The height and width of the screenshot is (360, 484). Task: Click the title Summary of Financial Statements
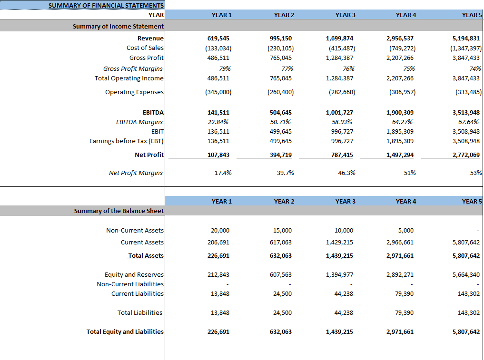tap(106, 6)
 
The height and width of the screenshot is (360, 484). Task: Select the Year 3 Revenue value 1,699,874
tap(339, 38)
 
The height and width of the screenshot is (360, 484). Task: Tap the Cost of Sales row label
tap(145, 48)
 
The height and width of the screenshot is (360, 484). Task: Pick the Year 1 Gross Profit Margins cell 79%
tap(225, 68)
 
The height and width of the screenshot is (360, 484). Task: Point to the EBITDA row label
tap(153, 113)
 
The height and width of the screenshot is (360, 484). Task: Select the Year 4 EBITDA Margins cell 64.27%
tap(402, 122)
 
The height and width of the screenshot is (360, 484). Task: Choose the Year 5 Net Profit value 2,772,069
tap(466, 155)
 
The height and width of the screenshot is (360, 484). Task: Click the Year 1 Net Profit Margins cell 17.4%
tap(223, 173)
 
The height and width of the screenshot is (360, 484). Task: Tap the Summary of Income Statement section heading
tap(118, 27)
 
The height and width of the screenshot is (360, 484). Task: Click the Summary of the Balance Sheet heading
tap(119, 211)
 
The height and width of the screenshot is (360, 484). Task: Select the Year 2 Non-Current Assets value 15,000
tap(282, 231)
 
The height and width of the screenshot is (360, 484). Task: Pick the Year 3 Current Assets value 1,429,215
tap(339, 243)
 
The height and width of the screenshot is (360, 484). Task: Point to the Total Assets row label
tap(146, 256)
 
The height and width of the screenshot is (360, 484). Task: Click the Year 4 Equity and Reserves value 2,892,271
tap(400, 274)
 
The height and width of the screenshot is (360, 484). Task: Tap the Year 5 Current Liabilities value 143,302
tap(469, 294)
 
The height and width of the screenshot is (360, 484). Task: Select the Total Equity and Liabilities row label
tap(125, 331)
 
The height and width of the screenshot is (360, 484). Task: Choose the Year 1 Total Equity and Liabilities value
tap(218, 332)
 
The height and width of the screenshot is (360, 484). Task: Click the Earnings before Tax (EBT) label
tap(127, 141)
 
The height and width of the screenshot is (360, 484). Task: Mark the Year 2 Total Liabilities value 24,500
tap(282, 313)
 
